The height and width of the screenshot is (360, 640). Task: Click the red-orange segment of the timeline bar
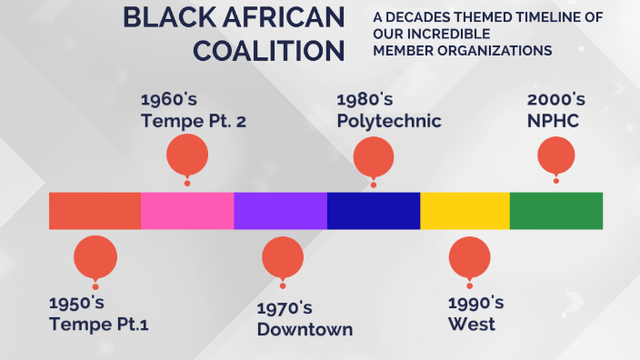point(95,210)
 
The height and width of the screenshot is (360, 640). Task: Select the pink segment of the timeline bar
point(187,210)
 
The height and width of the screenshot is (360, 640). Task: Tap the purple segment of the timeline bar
point(280,210)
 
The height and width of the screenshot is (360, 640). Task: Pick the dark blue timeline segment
point(374,210)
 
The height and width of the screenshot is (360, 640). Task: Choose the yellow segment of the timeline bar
point(465,210)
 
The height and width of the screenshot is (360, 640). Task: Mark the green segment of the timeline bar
point(555,210)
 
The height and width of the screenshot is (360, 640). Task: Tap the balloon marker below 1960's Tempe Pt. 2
point(187,155)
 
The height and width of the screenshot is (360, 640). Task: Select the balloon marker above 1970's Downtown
point(283,257)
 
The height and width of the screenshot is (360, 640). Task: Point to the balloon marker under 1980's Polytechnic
point(374,156)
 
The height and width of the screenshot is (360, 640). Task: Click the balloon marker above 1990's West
point(470,257)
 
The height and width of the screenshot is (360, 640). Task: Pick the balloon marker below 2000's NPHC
point(557,156)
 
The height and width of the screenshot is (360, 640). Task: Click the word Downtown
point(305,329)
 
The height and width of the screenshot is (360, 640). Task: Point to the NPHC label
point(554,121)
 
